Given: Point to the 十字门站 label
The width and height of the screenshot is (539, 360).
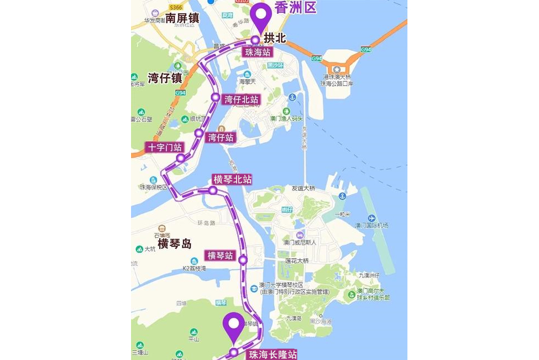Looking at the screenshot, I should (165, 148).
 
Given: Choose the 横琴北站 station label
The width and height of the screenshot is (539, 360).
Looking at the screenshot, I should (232, 180).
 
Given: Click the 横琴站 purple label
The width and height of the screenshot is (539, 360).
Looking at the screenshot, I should (220, 256).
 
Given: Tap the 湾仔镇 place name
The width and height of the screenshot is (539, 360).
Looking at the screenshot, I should (165, 78).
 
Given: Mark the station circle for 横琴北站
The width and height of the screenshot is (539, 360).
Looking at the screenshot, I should (213, 190).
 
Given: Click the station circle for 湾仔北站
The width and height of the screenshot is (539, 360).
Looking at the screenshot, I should (215, 97).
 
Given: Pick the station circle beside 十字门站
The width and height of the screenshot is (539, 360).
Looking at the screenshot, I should (180, 159).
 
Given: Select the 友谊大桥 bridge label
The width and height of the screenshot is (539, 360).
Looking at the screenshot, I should (303, 189).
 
